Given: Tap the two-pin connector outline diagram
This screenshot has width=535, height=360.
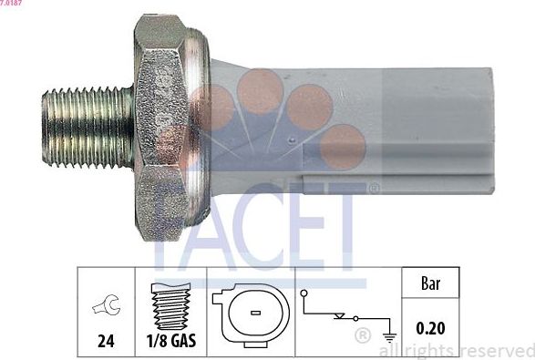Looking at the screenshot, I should point(249,314).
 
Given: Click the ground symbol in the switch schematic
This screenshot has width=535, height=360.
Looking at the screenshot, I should point(389,334).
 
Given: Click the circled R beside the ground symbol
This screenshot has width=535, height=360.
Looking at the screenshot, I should point(362,337).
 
